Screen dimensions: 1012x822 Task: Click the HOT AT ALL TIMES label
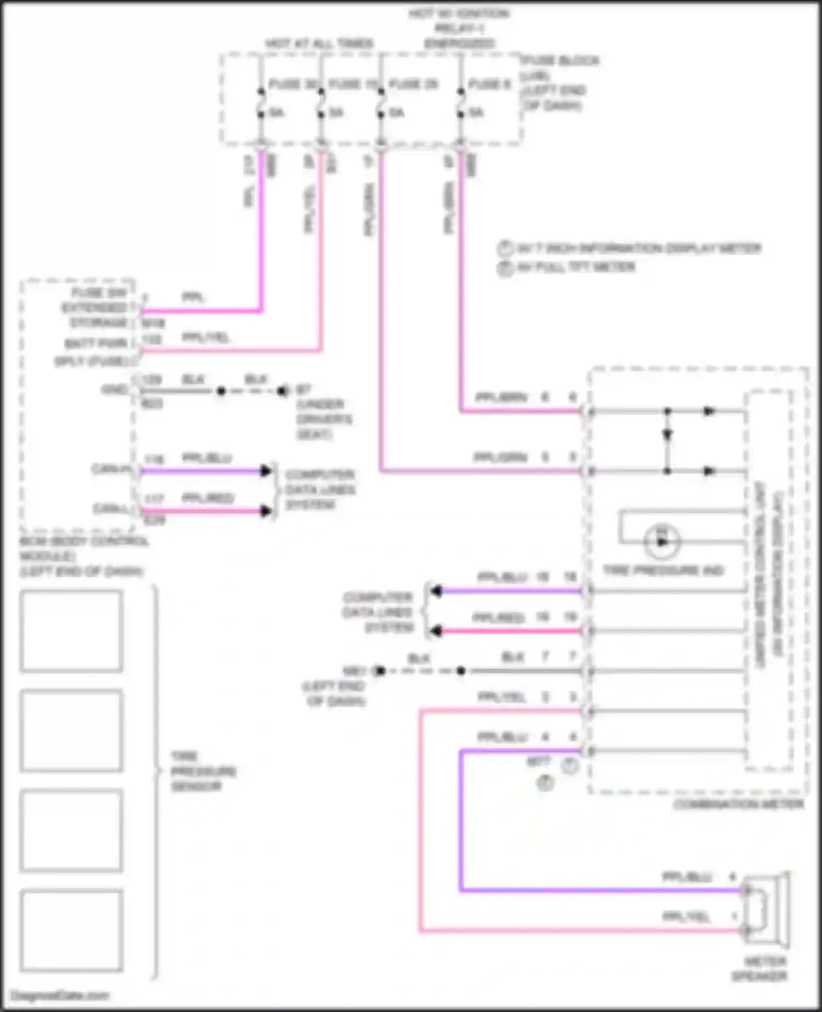point(319,43)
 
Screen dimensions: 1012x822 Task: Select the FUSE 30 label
point(294,84)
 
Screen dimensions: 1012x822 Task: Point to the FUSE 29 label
point(414,84)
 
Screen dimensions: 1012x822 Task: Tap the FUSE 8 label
point(489,84)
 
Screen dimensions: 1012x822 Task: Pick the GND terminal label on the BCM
point(114,390)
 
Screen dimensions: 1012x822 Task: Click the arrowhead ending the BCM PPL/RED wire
point(266,511)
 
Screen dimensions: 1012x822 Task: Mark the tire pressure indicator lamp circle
point(662,542)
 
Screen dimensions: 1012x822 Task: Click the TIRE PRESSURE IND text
point(663,571)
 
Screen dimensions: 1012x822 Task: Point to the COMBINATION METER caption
point(739,804)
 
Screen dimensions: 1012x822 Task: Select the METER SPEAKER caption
point(759,969)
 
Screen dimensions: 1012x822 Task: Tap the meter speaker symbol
point(766,910)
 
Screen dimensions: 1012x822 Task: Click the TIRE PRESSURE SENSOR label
point(203,771)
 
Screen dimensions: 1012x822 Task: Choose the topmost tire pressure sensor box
point(71,631)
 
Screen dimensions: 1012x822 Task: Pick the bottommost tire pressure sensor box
point(71,930)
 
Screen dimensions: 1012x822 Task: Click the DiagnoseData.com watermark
point(60,996)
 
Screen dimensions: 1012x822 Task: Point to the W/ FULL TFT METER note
point(575,268)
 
